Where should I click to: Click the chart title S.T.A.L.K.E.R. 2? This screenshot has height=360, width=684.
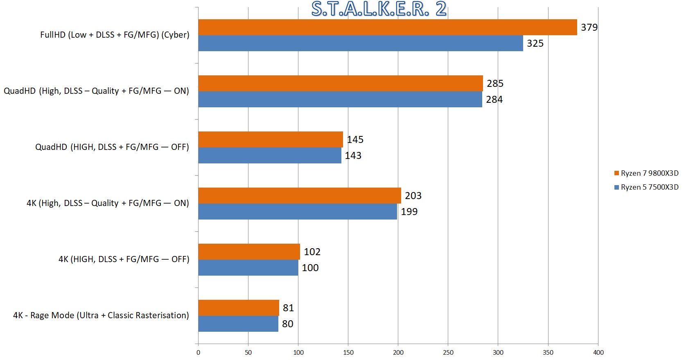tap(379, 9)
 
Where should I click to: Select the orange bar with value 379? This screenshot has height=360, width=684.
tap(387, 27)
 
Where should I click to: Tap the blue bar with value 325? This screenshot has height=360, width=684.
tap(360, 43)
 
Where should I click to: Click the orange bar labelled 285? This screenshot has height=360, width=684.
tap(340, 83)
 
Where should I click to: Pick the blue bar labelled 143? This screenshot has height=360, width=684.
tap(270, 156)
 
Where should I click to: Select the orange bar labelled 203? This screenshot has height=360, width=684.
tap(299, 195)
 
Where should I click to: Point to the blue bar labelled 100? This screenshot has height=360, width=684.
tap(248, 268)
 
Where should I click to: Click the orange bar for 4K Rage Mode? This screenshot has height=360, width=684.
tap(238, 308)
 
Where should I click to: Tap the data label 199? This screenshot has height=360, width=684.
tap(409, 212)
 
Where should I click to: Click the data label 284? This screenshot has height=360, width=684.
tap(494, 100)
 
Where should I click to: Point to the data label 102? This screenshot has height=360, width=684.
tap(312, 252)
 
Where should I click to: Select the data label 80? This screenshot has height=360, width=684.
tap(287, 324)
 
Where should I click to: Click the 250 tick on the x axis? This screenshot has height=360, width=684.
tap(448, 353)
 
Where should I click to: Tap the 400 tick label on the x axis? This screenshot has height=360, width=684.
tap(598, 353)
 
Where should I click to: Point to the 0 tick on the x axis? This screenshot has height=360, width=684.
tap(198, 353)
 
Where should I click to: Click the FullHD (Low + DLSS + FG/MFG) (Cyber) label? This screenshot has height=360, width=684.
tap(115, 35)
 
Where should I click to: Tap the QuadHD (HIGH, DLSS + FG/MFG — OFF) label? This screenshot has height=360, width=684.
tap(112, 147)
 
